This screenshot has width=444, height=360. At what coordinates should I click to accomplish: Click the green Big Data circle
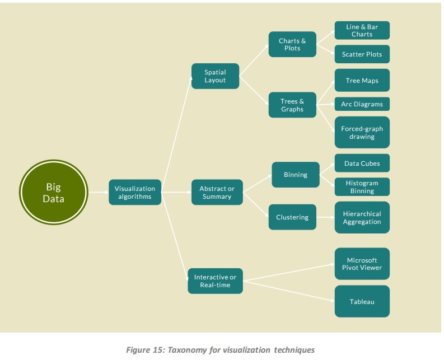pyautogui.click(x=54, y=193)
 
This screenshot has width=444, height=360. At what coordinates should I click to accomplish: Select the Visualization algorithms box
pyautogui.click(x=135, y=193)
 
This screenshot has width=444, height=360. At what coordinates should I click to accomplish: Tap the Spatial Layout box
pyautogui.click(x=215, y=76)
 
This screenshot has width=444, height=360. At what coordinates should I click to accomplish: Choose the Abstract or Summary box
pyautogui.click(x=217, y=193)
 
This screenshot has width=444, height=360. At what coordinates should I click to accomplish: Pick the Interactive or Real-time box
pyautogui.click(x=215, y=281)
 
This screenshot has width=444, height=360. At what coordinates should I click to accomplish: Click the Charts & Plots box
pyautogui.click(x=292, y=44)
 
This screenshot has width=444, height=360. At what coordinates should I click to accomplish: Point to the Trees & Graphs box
pyautogui.click(x=292, y=105)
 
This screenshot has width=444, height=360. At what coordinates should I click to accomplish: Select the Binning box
pyautogui.click(x=296, y=175)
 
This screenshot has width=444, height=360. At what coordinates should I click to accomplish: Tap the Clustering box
pyautogui.click(x=292, y=217)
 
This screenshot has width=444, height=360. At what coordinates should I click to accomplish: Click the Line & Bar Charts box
pyautogui.click(x=362, y=31)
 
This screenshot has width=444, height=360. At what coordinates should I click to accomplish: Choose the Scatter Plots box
pyautogui.click(x=362, y=54)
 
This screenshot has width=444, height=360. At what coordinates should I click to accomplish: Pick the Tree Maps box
pyautogui.click(x=362, y=81)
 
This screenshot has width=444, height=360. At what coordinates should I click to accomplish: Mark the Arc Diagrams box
pyautogui.click(x=362, y=104)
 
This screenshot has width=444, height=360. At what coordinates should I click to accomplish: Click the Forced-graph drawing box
pyautogui.click(x=362, y=133)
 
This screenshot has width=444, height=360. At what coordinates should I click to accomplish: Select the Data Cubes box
pyautogui.click(x=362, y=163)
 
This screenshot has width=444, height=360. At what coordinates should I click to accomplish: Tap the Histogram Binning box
pyautogui.click(x=362, y=187)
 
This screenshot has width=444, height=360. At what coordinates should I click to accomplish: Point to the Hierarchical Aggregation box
pyautogui.click(x=362, y=218)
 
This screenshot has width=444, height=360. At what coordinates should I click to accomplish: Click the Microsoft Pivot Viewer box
pyautogui.click(x=362, y=264)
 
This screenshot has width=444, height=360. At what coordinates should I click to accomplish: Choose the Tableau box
pyautogui.click(x=362, y=302)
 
